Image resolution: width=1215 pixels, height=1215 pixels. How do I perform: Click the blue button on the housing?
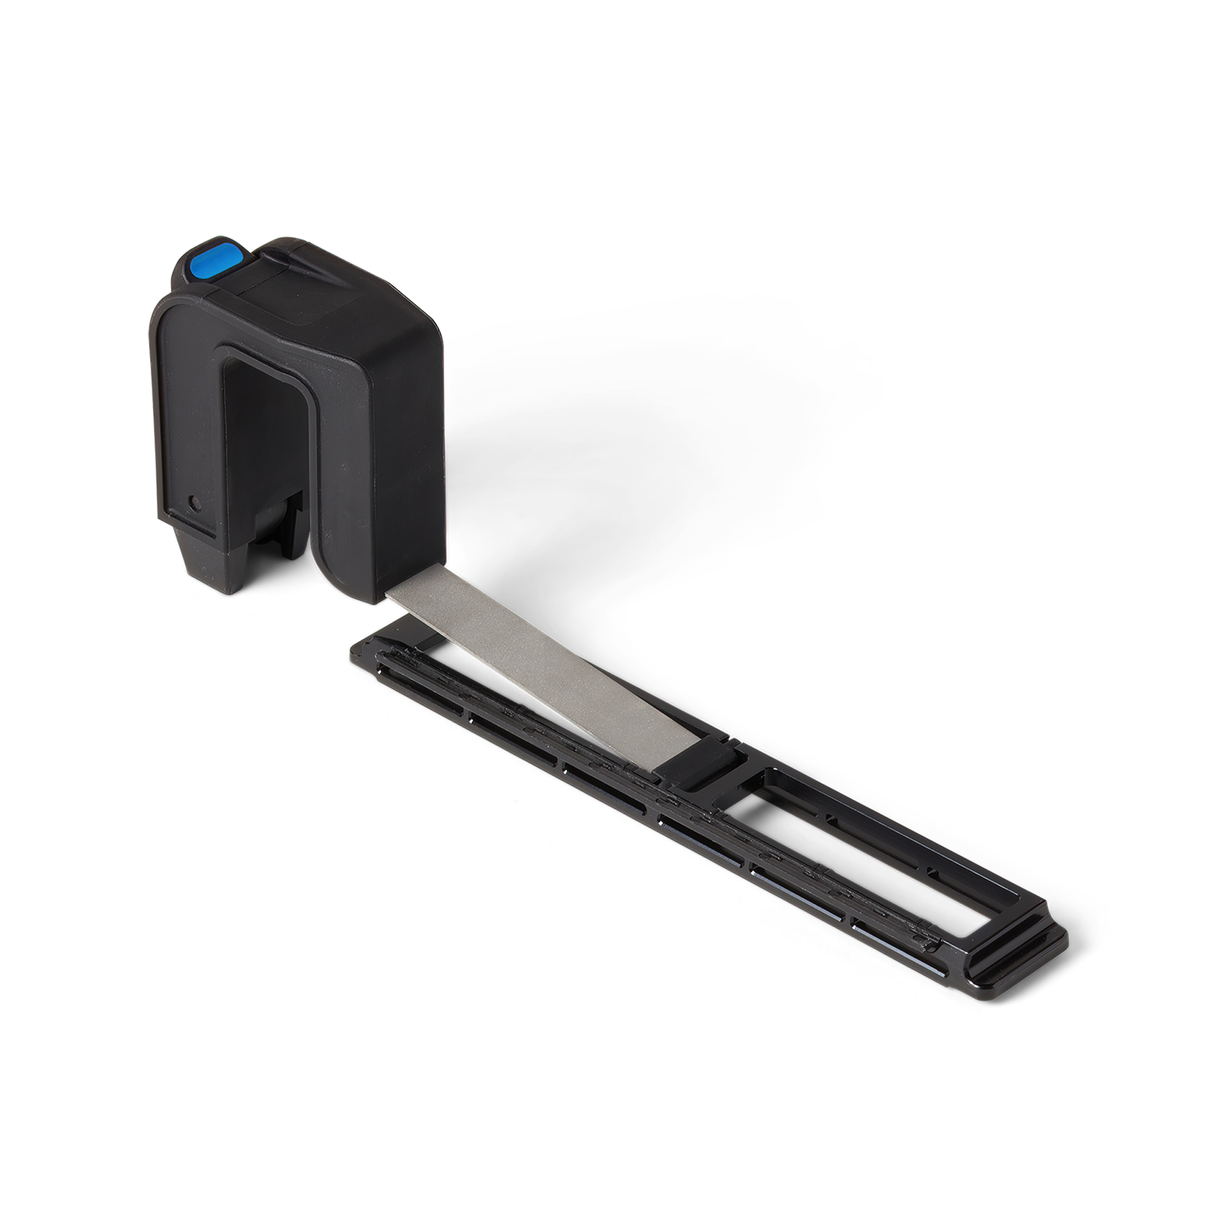(215, 260)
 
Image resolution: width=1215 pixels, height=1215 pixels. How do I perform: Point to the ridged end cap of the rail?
(1019, 943)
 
